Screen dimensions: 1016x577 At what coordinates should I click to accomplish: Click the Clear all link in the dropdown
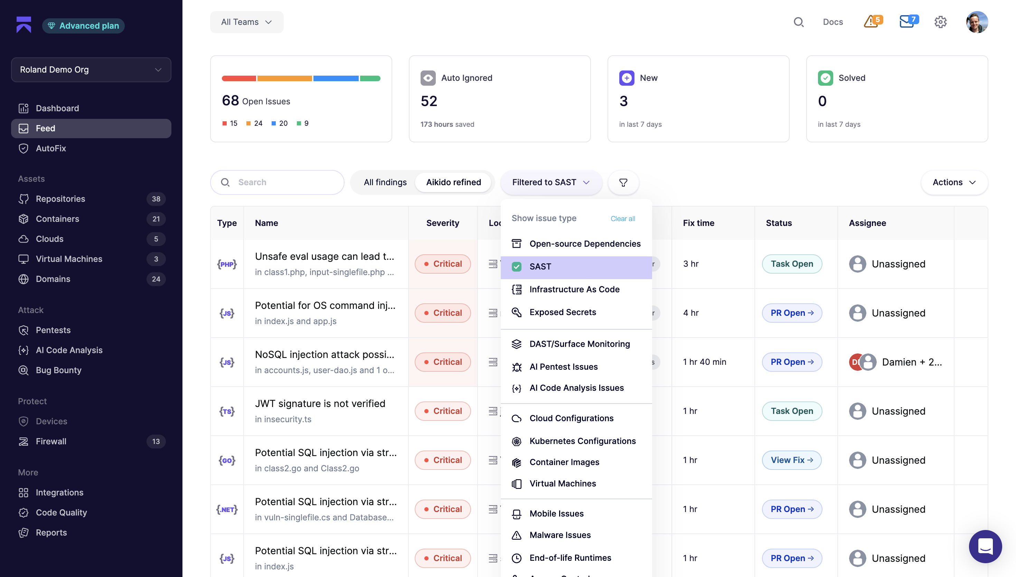tap(622, 218)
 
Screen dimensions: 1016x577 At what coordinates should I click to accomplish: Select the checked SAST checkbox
tap(516, 267)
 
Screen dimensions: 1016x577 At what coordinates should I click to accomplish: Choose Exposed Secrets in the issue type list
tap(562, 312)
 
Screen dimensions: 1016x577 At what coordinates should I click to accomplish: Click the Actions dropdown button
tap(954, 182)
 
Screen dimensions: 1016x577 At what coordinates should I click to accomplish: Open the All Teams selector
tap(246, 22)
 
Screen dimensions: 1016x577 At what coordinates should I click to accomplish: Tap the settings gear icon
tap(940, 22)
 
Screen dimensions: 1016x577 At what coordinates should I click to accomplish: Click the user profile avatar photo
tap(977, 22)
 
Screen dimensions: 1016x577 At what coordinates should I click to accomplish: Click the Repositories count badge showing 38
tap(156, 199)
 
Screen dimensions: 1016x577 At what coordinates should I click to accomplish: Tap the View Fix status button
tap(791, 460)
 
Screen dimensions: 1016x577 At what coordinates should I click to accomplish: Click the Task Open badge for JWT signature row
tap(792, 411)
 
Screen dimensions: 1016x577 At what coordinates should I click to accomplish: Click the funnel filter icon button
tap(623, 182)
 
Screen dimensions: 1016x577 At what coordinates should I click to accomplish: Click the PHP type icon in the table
tap(227, 264)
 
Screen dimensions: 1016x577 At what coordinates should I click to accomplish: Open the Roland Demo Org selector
tap(91, 70)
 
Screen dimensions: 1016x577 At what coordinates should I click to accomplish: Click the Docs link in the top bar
tap(832, 22)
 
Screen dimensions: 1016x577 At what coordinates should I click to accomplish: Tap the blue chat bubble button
tap(985, 546)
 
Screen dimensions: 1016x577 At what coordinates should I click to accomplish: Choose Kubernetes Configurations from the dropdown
tap(574, 441)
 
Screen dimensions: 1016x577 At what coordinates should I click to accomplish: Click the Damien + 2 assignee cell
tap(895, 362)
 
